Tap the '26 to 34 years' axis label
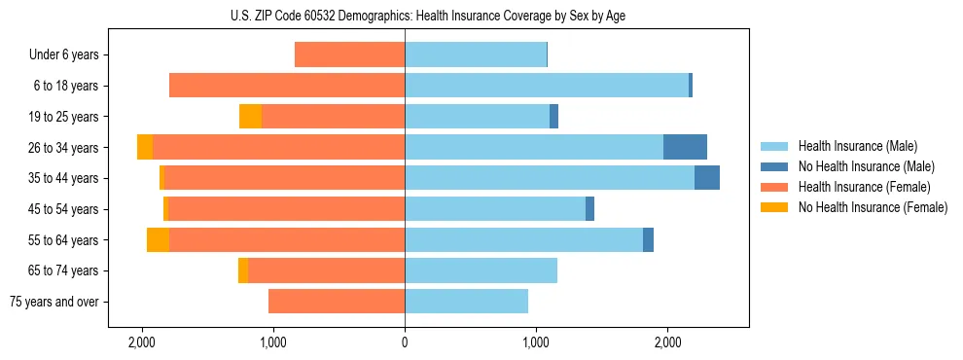point(63,148)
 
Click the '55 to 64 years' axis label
point(63,240)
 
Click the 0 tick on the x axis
point(405,342)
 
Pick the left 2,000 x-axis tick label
point(142,342)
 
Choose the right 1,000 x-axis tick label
point(536,342)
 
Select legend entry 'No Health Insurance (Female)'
point(873,207)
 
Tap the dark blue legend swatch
point(775,167)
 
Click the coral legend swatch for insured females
point(775,187)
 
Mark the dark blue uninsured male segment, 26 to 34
point(685,147)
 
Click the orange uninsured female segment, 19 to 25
point(250,117)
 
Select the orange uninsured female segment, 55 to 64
point(158,239)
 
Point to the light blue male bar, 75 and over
point(466,302)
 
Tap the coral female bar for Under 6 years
point(349,54)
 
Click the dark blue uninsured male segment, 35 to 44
point(707,178)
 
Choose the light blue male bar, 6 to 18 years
point(547,86)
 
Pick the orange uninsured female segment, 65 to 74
point(243,270)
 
